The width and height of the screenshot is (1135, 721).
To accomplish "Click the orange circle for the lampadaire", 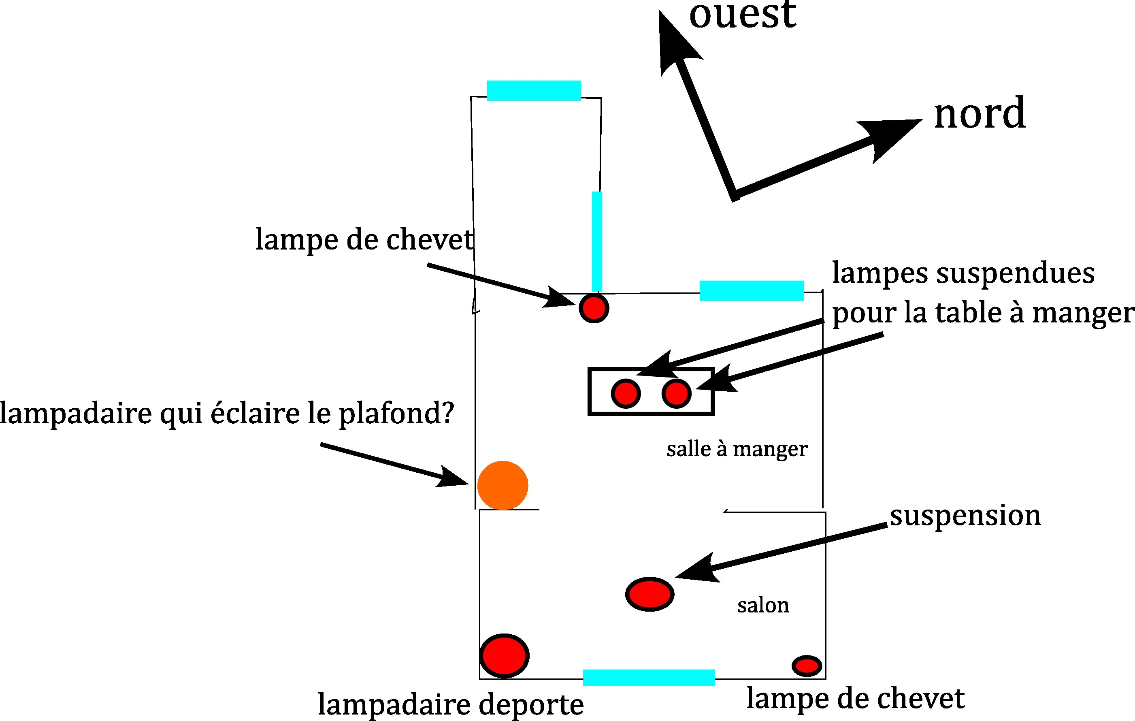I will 503,485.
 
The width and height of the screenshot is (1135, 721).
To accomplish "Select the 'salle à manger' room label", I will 737,449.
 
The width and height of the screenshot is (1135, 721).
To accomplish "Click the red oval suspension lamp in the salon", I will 649,594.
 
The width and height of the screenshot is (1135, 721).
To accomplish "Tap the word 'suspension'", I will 965,515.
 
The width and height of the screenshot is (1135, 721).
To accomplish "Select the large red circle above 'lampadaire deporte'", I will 505,655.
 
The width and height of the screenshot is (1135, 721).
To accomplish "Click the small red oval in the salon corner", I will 807,666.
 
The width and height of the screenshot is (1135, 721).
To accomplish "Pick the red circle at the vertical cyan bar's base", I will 594,308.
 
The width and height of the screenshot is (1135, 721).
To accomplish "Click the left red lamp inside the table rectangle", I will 626,393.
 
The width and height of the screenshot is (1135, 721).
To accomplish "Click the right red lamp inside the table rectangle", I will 676,393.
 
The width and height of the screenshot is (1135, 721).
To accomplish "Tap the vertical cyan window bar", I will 597,241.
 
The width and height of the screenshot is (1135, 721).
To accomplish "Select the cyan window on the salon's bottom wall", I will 649,677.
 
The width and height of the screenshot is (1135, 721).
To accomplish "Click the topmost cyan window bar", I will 534,91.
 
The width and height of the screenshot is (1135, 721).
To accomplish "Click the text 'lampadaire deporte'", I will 451,704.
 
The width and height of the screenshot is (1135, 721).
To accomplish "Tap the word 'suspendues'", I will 1015,273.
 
